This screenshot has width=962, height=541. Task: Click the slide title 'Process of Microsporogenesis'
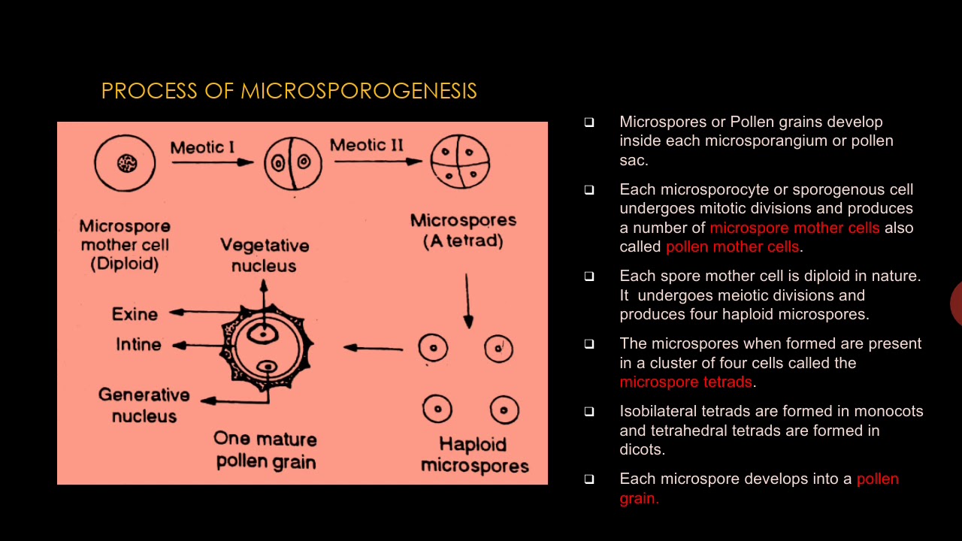tap(289, 91)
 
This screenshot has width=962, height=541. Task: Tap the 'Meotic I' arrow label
tap(202, 147)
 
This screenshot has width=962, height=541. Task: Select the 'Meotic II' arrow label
tap(367, 144)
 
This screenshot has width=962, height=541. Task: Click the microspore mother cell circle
tap(125, 162)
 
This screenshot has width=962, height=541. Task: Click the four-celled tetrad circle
tap(460, 162)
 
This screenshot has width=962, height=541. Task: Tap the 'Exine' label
tap(135, 314)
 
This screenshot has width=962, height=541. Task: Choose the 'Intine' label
tap(138, 344)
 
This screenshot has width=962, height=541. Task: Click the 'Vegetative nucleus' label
tap(265, 255)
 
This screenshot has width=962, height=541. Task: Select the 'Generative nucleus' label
tap(144, 405)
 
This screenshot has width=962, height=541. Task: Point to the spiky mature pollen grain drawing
tap(267, 347)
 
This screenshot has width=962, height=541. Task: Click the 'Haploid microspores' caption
tap(474, 455)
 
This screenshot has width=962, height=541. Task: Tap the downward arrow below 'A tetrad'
tap(467, 301)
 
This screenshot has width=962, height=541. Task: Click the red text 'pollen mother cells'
tap(733, 246)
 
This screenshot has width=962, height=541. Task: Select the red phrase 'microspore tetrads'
tap(685, 382)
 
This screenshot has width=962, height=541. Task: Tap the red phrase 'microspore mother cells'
tap(794, 228)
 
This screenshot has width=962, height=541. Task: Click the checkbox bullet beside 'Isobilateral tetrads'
tap(589, 412)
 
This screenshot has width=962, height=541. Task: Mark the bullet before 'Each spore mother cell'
tap(589, 277)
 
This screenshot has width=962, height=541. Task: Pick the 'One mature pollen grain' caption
tap(265, 449)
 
